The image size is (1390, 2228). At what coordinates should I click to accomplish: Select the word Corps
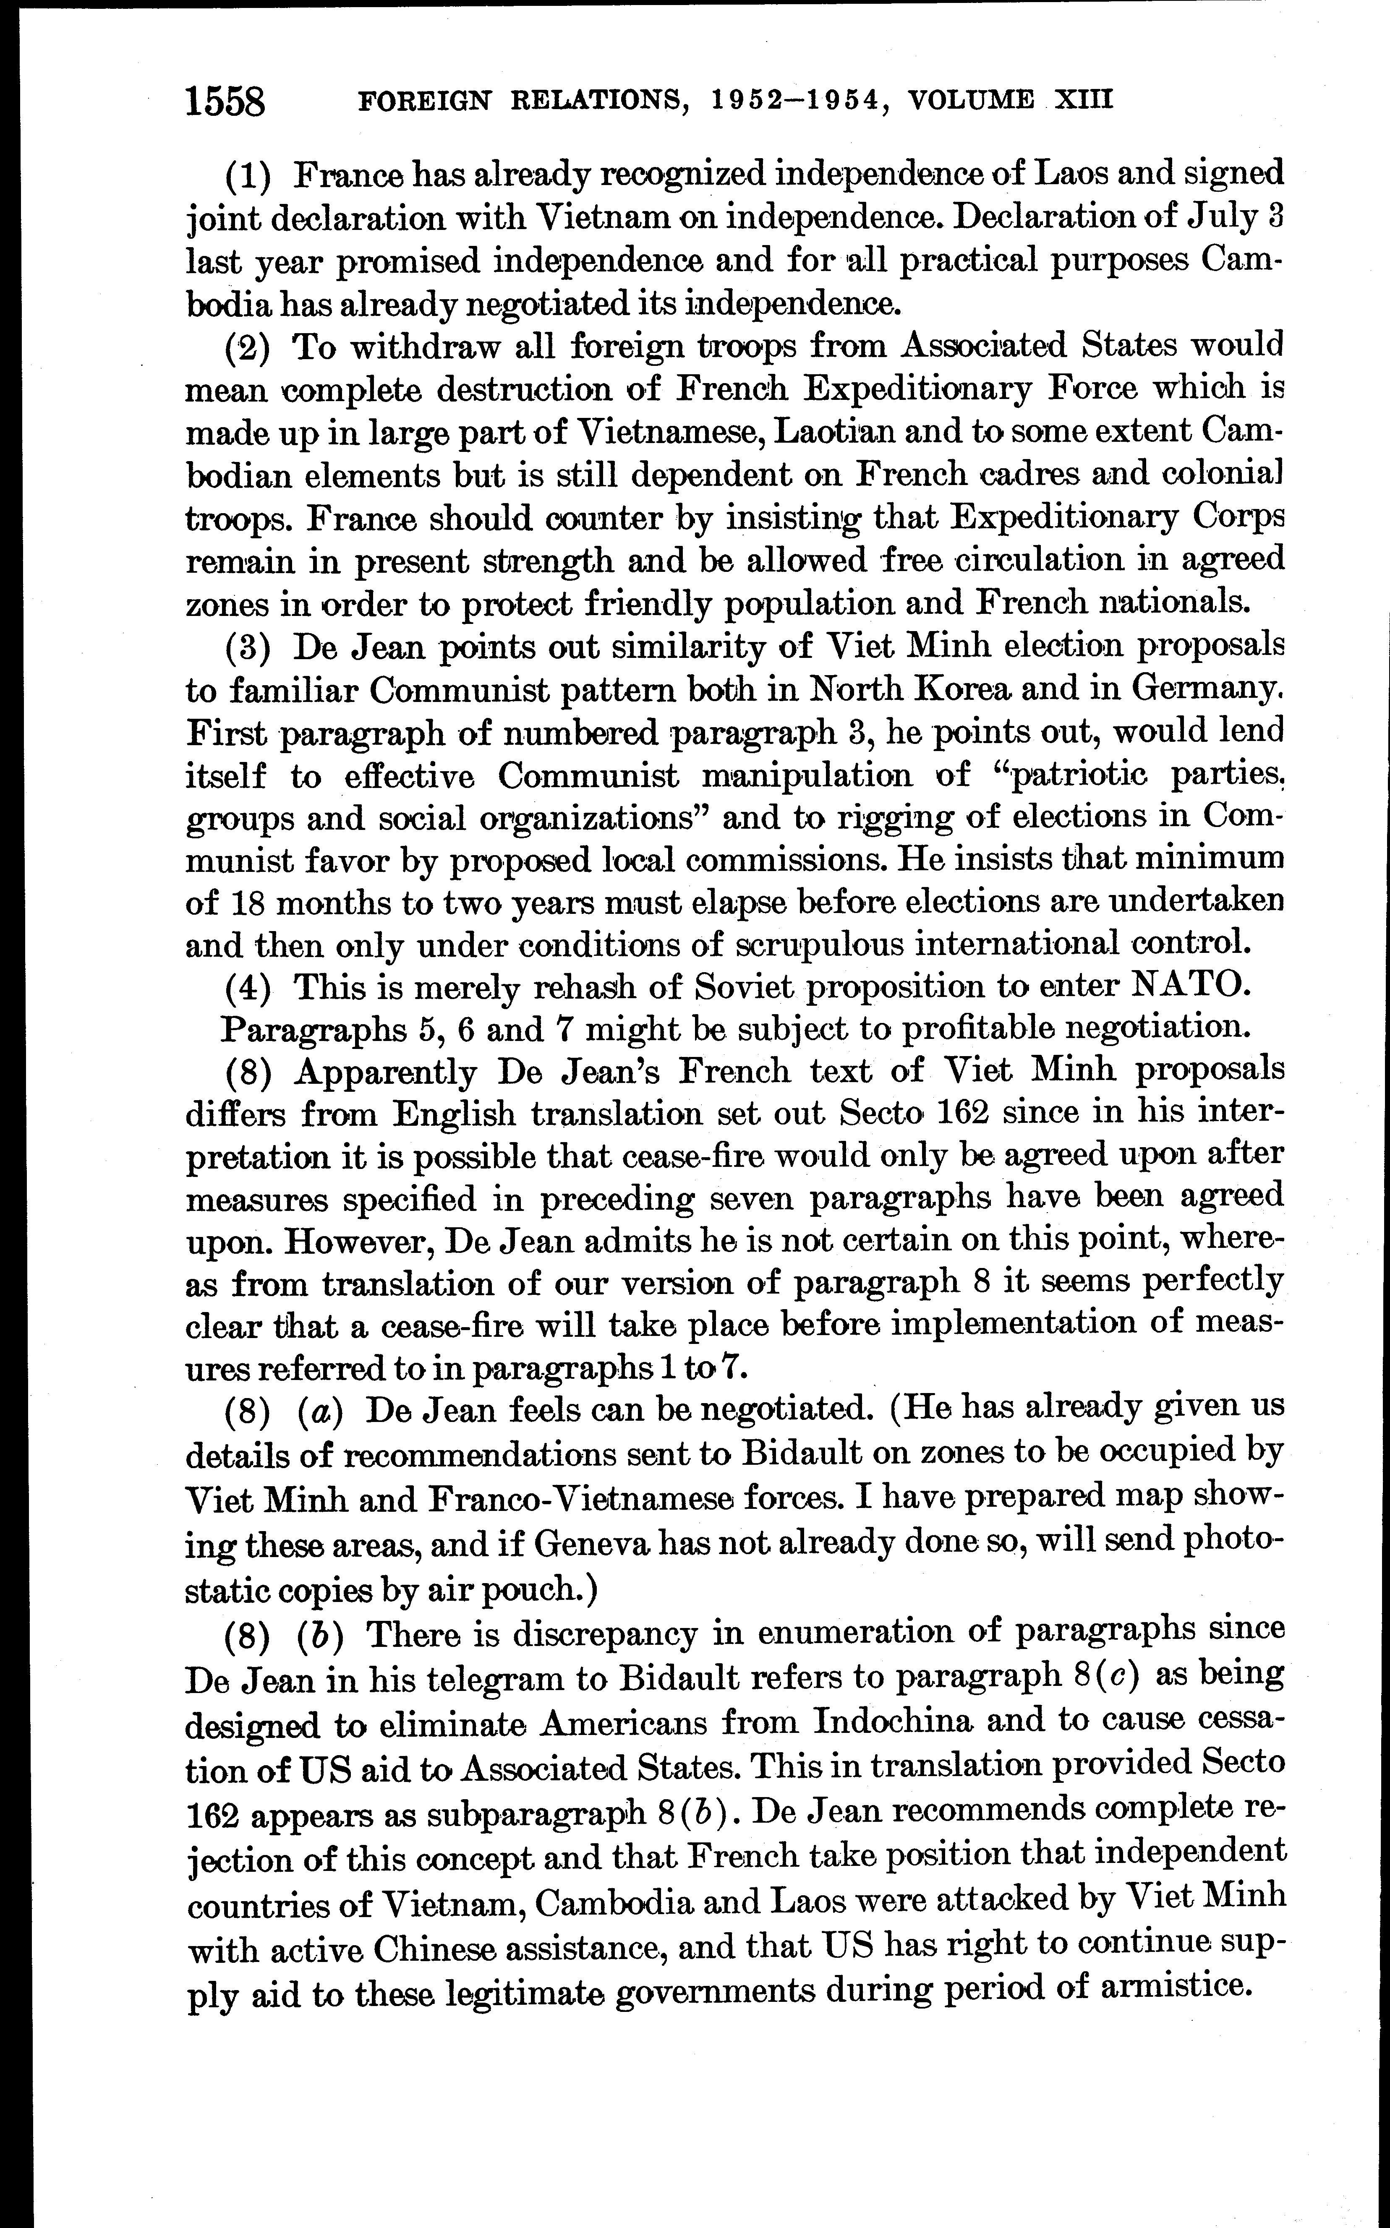coord(1238,517)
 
